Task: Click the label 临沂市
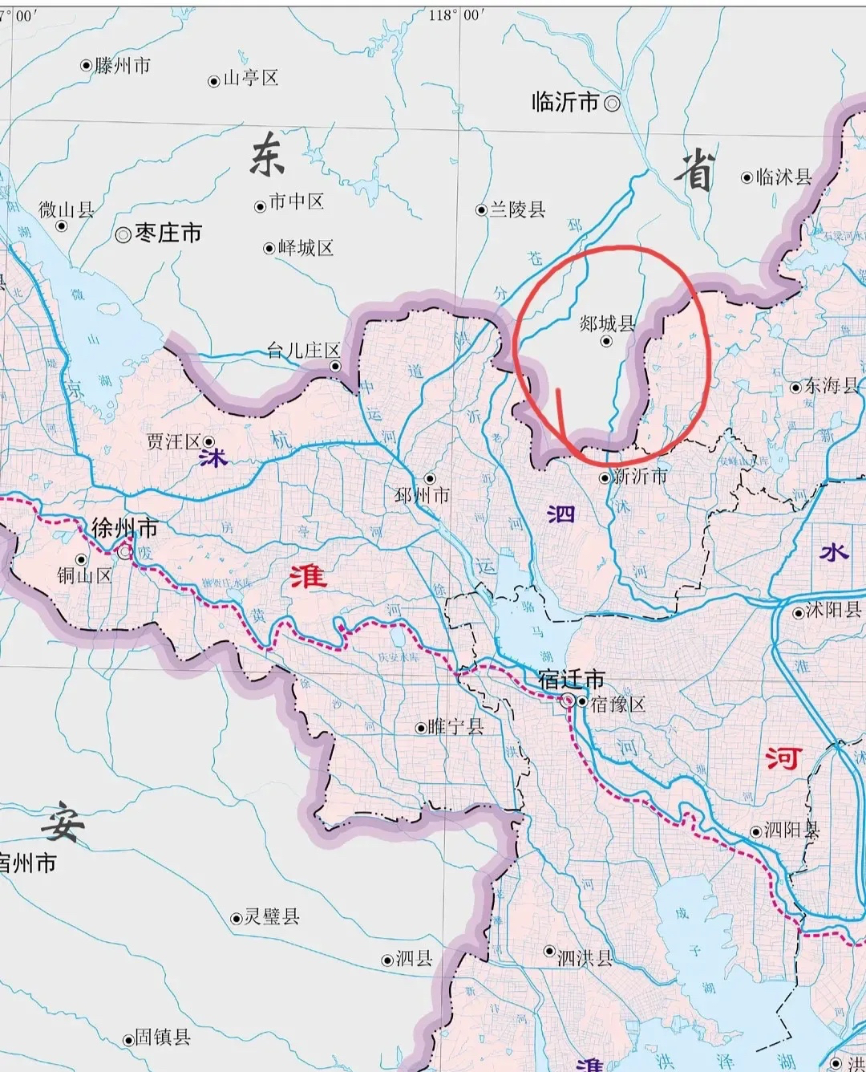pyautogui.click(x=565, y=102)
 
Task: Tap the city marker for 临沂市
pyautogui.click(x=612, y=103)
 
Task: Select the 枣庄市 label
pyautogui.click(x=168, y=233)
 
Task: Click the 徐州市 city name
pyautogui.click(x=124, y=528)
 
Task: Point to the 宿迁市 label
pyautogui.click(x=571, y=680)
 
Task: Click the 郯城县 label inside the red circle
pyautogui.click(x=607, y=323)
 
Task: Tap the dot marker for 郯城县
pyautogui.click(x=606, y=341)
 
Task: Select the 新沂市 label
pyautogui.click(x=640, y=476)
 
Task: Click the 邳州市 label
pyautogui.click(x=422, y=496)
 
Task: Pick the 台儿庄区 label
pyautogui.click(x=303, y=350)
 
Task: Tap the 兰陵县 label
pyautogui.click(x=517, y=209)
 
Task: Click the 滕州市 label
pyautogui.click(x=122, y=66)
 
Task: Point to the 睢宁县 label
pyautogui.click(x=455, y=727)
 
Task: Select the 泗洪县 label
pyautogui.click(x=585, y=957)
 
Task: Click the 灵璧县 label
pyautogui.click(x=272, y=916)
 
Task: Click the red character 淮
pyautogui.click(x=308, y=575)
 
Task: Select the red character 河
pyautogui.click(x=783, y=757)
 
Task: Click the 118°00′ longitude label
pyautogui.click(x=456, y=15)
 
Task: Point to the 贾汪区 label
pyautogui.click(x=173, y=441)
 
